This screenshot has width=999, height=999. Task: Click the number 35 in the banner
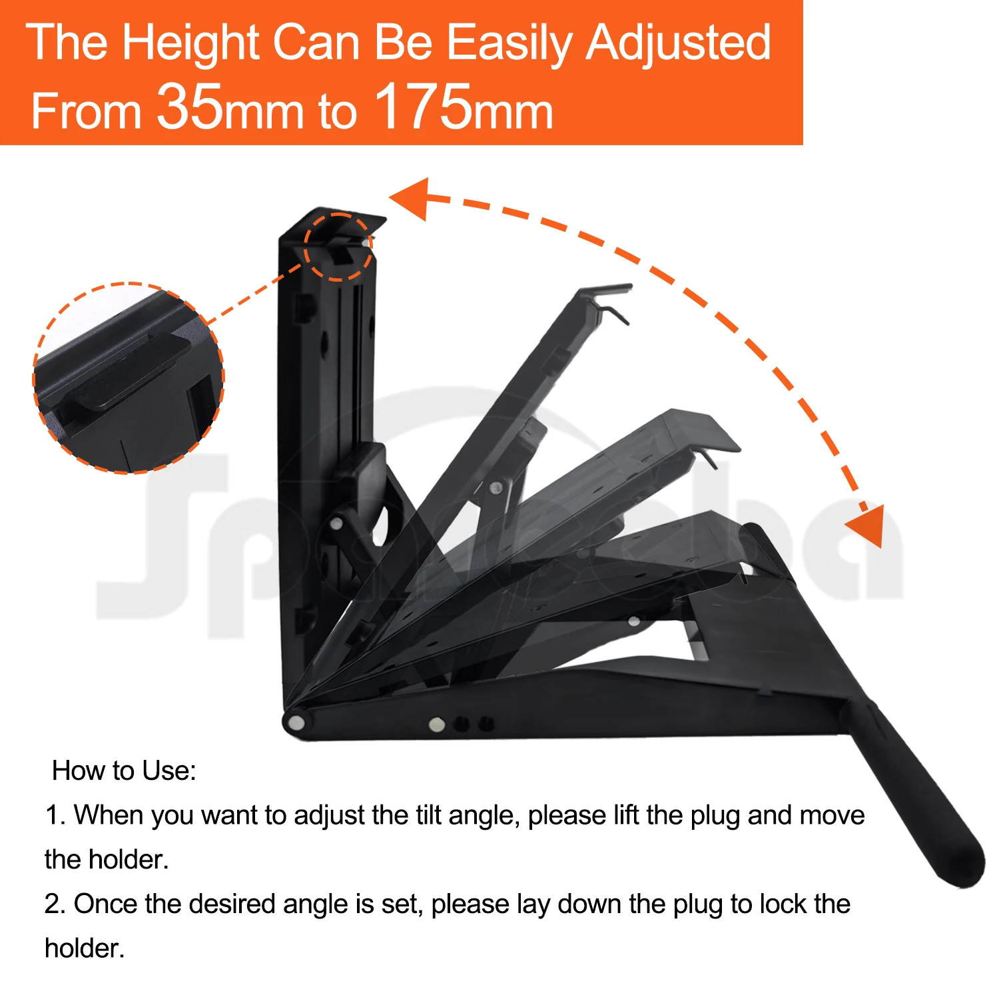(x=189, y=107)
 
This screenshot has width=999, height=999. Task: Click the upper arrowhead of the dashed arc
(x=410, y=198)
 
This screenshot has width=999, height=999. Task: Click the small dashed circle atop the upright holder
(x=338, y=247)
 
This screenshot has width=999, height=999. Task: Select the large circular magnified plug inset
(x=129, y=378)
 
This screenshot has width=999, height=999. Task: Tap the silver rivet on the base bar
(x=437, y=724)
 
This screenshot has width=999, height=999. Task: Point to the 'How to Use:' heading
(x=124, y=771)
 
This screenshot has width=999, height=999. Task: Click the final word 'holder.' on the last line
(x=85, y=948)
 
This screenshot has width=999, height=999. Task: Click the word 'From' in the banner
(x=87, y=111)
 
